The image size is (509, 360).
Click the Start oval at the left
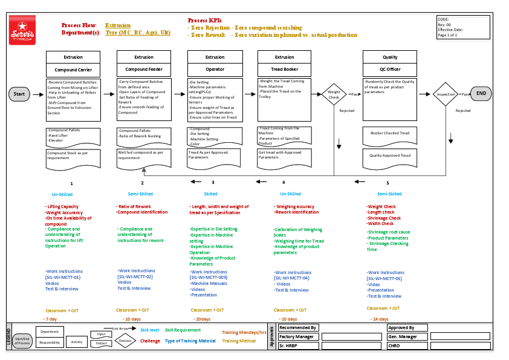click(19, 94)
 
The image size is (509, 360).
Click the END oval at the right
click(481, 94)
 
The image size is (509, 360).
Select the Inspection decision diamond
click(446, 94)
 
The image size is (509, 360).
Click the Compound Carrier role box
click(73, 70)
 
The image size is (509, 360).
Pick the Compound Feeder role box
click(144, 70)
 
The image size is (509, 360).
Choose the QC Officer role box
click(390, 70)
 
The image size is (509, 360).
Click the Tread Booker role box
click(285, 70)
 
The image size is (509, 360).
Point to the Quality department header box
click(390, 57)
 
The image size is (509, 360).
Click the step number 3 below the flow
click(213, 182)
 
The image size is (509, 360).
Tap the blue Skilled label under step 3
click(210, 194)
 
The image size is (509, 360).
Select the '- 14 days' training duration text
click(379, 319)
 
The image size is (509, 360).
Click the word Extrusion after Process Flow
click(118, 25)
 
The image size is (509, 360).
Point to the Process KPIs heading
click(204, 20)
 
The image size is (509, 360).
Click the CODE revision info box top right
click(462, 27)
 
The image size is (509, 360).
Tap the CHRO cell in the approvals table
click(407, 346)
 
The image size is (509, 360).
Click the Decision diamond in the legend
click(125, 341)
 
